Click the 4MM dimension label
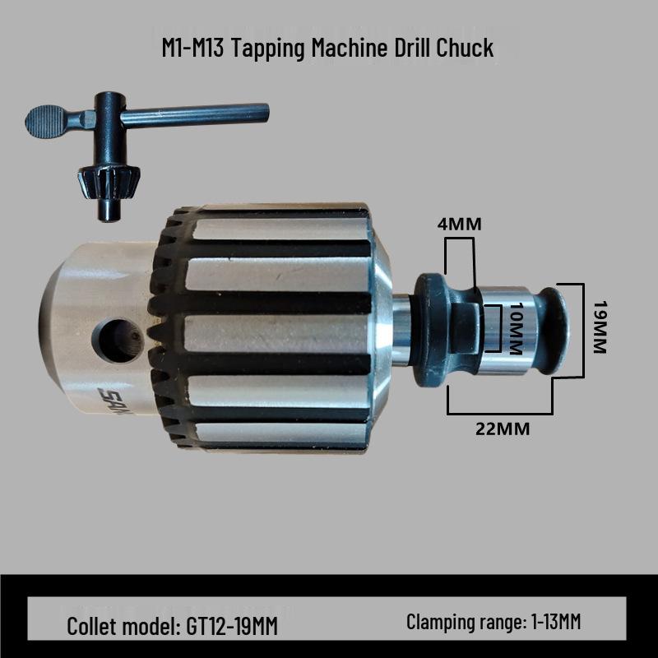coord(459,223)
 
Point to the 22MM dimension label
coord(501,429)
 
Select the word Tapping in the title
coord(263,48)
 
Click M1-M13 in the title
coord(194,48)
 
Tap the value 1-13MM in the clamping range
coord(553,622)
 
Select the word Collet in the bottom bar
coord(92,626)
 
